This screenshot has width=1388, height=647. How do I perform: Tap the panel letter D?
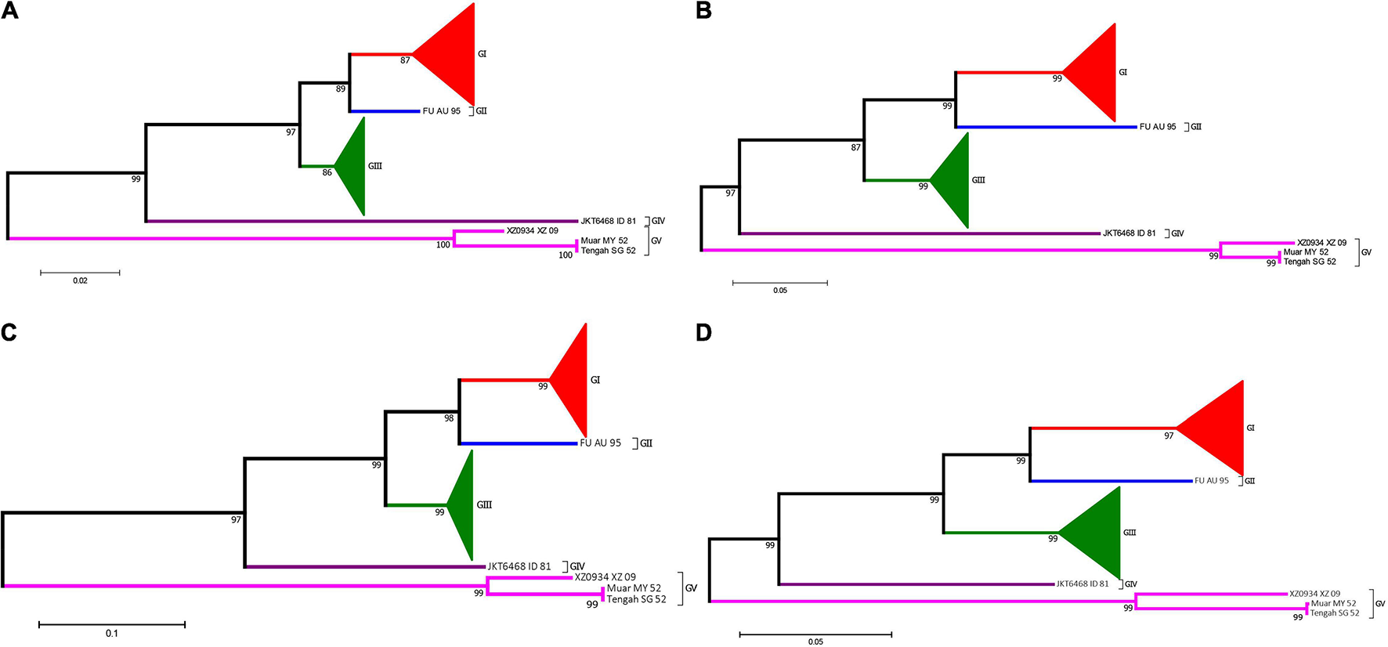pos(704,333)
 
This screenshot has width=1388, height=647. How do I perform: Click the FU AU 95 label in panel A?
pos(442,111)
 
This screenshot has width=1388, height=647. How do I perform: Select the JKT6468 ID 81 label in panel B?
pos(1129,233)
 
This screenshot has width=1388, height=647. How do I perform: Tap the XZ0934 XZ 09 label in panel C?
pos(605,577)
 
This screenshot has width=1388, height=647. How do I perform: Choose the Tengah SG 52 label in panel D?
pos(1335,613)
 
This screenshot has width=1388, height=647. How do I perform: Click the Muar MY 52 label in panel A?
pos(604,241)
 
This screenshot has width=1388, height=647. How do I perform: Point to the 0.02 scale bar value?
pos(80,280)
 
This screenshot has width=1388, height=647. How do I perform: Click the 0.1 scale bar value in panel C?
pos(112,633)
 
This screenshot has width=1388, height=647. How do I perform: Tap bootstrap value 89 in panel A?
pos(341,89)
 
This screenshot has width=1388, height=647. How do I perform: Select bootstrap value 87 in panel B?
pos(855,147)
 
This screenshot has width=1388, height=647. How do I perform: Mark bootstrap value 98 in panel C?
pos(449,418)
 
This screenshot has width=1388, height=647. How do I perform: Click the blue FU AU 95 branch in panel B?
pos(1046,127)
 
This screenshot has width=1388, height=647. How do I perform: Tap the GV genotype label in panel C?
pos(691,588)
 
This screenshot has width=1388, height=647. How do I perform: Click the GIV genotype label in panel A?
pos(658,222)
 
